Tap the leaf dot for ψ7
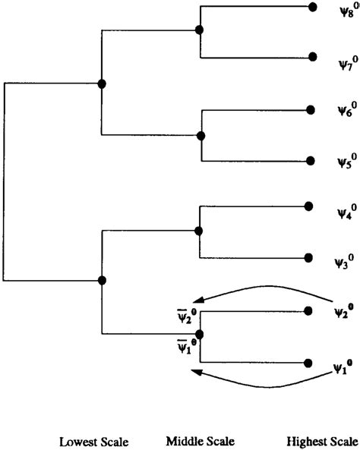(x=311, y=57)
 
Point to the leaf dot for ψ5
(x=310, y=161)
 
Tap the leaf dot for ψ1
(x=308, y=363)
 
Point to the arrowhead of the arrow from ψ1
(x=195, y=372)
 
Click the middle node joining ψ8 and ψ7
(x=199, y=30)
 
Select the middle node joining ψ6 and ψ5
(x=201, y=137)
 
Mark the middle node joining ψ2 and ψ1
(x=200, y=334)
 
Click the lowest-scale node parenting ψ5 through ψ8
(x=102, y=83)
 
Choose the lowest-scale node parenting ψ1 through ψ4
(x=102, y=281)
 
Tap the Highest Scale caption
(x=322, y=441)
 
